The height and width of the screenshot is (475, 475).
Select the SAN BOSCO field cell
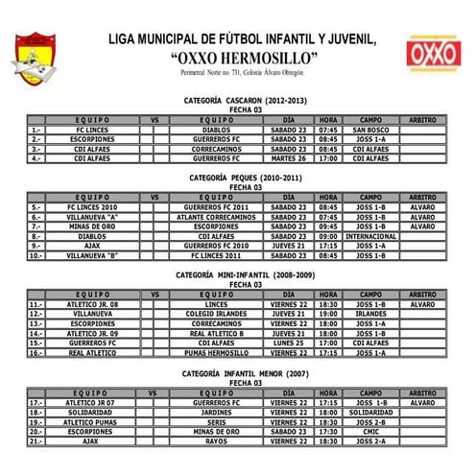tap(370, 129)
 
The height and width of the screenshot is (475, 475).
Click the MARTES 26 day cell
tap(289, 157)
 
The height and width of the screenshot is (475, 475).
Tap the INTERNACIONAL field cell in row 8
tap(370, 235)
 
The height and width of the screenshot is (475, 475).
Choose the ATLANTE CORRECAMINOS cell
tap(217, 216)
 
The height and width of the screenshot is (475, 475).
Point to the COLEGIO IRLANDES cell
tap(217, 313)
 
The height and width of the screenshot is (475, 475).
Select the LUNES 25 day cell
tap(289, 342)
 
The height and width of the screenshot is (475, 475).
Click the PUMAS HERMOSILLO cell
tap(217, 351)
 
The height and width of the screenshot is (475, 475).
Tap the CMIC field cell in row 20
tap(370, 432)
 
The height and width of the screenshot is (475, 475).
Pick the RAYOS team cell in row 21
tap(217, 441)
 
